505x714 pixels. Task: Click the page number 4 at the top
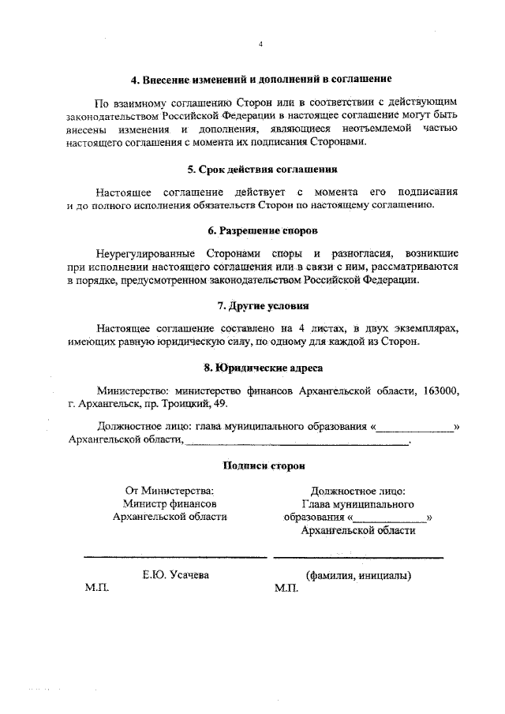pos(260,44)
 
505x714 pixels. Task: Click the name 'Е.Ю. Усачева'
pos(175,575)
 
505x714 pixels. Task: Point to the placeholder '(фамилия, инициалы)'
pos(358,575)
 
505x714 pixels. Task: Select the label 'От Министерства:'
pos(170,490)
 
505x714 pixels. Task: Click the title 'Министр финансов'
pos(170,503)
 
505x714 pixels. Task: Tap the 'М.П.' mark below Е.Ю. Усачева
pos(97,589)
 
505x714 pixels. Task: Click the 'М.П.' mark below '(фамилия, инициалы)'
pos(287,589)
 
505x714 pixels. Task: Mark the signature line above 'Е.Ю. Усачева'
pos(175,558)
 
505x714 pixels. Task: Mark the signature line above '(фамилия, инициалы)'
pos(358,558)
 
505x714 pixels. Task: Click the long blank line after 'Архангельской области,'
pos(297,445)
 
